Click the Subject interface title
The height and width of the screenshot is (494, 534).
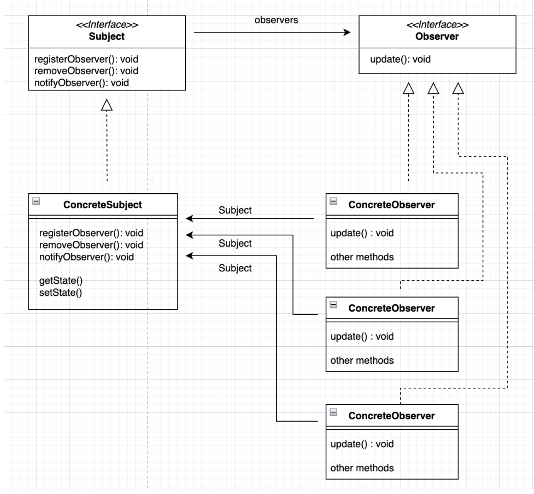(x=107, y=36)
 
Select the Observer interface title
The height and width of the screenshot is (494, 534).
(x=437, y=36)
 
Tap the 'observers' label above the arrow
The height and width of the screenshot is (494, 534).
(x=276, y=20)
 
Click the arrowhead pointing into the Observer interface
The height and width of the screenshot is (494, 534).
(x=347, y=32)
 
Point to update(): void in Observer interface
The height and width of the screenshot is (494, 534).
(x=400, y=59)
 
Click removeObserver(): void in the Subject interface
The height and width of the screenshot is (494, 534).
(x=86, y=71)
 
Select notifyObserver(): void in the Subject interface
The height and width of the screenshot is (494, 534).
(x=81, y=83)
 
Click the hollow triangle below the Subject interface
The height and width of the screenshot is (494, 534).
(x=107, y=105)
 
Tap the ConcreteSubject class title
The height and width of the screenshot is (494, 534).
(x=102, y=204)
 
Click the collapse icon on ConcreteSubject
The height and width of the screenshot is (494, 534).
(x=36, y=201)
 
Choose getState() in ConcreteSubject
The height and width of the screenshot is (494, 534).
(x=61, y=281)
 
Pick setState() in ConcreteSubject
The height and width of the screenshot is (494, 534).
(x=61, y=293)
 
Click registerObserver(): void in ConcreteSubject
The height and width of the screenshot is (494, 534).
(x=91, y=233)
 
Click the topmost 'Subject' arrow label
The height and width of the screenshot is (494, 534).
(x=235, y=210)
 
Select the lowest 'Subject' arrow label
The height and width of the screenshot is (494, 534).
(x=235, y=268)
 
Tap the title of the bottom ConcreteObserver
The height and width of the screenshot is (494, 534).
(x=391, y=416)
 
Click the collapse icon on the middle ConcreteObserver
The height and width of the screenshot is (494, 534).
(x=334, y=305)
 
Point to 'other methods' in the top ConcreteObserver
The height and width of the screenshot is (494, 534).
(x=362, y=257)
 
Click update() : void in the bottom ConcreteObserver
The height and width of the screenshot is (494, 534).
(x=362, y=444)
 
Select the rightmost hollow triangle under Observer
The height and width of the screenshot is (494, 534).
(x=458, y=89)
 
